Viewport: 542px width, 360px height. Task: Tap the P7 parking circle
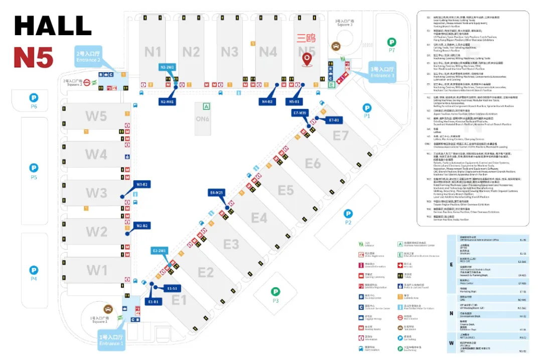point(391,42)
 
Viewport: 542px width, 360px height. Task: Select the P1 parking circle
point(367,107)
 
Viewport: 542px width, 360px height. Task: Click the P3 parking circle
point(275,291)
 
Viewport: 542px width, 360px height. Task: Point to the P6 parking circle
point(34,98)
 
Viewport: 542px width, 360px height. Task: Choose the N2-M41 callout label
point(168,101)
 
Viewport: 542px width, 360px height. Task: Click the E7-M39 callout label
point(300,113)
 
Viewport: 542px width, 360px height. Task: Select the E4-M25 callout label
point(217,192)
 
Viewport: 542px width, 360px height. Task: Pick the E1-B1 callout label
point(153,301)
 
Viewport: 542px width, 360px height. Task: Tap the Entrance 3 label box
point(382,72)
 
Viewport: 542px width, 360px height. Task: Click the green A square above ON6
point(206,106)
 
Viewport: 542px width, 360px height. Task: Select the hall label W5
point(96,116)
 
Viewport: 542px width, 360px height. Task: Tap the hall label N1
point(153,52)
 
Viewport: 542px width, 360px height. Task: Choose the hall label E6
point(313,163)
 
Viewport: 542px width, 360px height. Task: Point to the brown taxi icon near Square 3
point(335,46)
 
